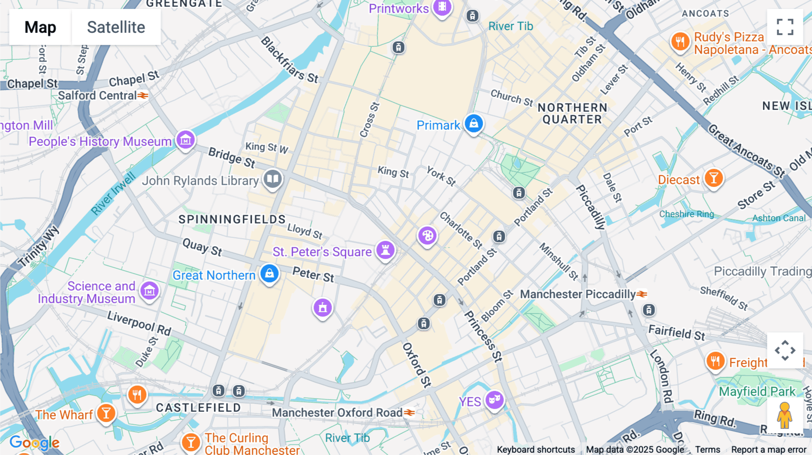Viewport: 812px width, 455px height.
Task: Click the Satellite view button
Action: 116,27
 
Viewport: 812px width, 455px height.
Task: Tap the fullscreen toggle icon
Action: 785,27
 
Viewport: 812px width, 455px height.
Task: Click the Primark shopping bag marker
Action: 474,123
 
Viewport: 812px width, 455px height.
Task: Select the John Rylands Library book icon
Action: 272,179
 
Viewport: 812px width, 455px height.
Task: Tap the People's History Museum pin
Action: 185,140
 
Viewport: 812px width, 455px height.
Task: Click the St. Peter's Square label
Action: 322,252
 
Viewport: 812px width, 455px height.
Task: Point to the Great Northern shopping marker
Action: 269,273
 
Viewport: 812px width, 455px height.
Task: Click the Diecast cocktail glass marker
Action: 714,178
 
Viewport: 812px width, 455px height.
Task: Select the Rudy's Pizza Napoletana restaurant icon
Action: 680,42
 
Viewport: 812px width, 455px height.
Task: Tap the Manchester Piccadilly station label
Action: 578,294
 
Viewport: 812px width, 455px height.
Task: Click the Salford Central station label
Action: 97,96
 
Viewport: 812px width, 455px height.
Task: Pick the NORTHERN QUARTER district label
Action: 572,114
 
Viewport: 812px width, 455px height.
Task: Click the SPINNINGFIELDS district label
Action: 232,219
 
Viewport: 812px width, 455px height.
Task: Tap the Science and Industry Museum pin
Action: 149,291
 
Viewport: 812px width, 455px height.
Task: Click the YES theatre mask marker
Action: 494,400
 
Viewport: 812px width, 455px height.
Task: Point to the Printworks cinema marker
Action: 442,7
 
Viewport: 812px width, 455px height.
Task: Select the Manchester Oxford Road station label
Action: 337,413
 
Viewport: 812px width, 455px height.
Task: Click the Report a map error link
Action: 769,450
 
